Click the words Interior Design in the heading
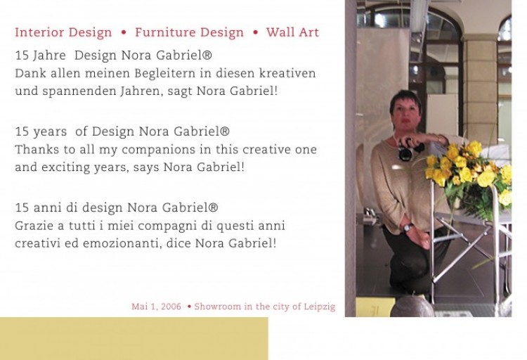[63, 32]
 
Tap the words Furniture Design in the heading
[189, 32]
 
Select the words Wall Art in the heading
[292, 32]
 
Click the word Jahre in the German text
[49, 55]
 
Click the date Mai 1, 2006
[156, 307]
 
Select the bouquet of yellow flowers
[469, 172]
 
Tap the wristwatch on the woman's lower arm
[408, 228]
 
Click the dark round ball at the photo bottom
[412, 307]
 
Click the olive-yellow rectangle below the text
[134, 338]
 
